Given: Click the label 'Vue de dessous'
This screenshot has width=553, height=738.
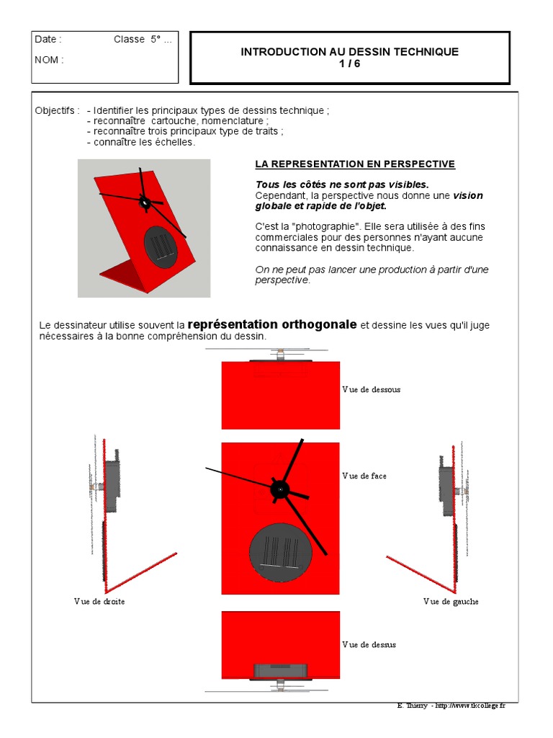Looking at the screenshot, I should (371, 389).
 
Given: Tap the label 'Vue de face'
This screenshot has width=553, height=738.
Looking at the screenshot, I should (364, 476).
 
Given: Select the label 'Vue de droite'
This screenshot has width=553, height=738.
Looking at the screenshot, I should (99, 601).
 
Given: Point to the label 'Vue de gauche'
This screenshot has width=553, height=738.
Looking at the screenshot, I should (451, 601).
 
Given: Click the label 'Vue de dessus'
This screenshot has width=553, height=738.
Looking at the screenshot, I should (369, 644).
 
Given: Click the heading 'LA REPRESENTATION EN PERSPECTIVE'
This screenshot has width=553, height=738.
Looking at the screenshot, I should (355, 164).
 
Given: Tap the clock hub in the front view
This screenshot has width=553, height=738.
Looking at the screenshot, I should (279, 489).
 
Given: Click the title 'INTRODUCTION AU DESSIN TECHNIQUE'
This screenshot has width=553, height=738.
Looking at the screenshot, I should (349, 52).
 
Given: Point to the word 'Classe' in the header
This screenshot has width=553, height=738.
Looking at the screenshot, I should (129, 40).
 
